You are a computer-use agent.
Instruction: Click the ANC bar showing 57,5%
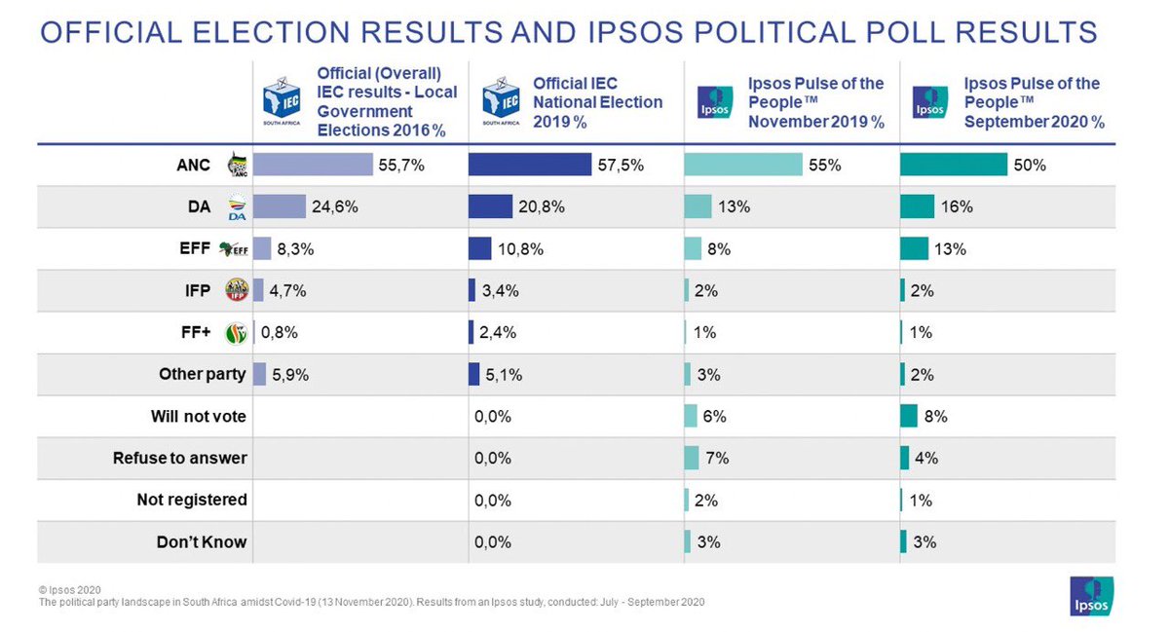coord(529,165)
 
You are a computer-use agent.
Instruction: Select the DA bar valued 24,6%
coord(280,206)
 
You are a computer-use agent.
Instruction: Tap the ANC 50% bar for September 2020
coord(953,165)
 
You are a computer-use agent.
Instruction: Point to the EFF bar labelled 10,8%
coord(479,248)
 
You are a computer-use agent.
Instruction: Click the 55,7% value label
coord(401,166)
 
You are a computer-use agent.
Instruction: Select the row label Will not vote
coord(199,417)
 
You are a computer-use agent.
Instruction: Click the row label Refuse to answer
coord(180,458)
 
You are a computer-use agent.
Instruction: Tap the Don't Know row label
coord(202,541)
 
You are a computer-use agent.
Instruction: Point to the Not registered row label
coord(192,500)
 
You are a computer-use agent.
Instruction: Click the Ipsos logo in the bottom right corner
coord(1091,596)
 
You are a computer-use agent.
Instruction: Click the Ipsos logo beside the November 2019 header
coord(715,102)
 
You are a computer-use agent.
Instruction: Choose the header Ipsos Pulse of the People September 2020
coord(1034,102)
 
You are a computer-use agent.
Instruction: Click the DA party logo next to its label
coord(236,207)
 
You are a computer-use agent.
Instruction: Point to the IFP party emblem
coord(236,290)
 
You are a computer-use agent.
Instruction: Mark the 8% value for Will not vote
coord(935,417)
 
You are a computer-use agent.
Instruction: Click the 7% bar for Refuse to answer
coord(692,458)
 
